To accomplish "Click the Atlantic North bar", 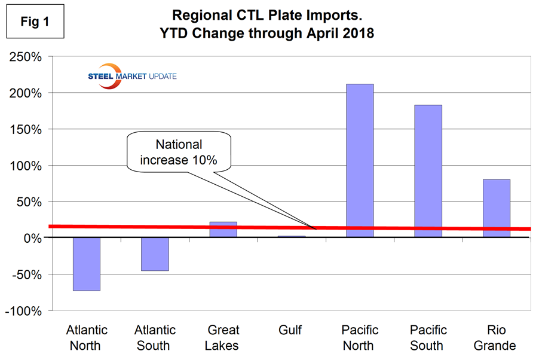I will pos(86,264).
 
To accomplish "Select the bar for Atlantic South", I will pos(155,254).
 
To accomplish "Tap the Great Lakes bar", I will pos(223,230).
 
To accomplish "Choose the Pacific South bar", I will pos(428,171).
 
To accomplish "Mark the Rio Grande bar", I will pos(496,208).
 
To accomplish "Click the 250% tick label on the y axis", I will pos(24,57).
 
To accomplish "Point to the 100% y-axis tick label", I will pos(24,166).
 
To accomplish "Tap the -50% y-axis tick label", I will pos(26,274).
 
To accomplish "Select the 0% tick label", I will pos(30,238).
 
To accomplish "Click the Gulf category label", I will pos(292,330).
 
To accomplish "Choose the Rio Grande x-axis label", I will pos(496,337).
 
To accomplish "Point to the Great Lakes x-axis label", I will pos(223,337).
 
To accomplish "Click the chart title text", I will pos(272,23).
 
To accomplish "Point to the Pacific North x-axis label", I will pos(359,337).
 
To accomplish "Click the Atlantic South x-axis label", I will pos(155,337).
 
